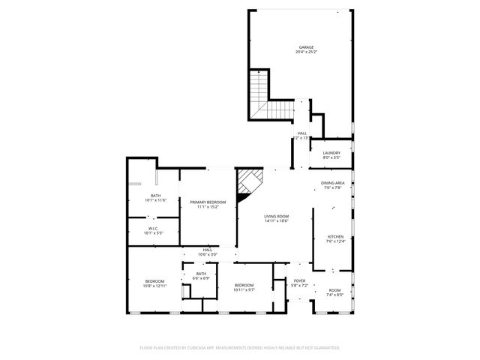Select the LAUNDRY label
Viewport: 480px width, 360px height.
[x=331, y=153]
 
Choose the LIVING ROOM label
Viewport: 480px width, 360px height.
[x=276, y=217]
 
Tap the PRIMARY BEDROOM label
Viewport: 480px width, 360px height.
[x=208, y=202]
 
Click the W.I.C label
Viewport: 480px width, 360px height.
[x=152, y=229]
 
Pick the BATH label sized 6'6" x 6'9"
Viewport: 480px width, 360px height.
[x=201, y=274]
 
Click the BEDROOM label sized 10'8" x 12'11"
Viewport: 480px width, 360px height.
[x=154, y=281]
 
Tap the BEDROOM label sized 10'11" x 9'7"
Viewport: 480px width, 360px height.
[x=244, y=285]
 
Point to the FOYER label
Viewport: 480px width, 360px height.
[x=300, y=280]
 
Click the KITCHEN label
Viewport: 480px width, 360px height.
[x=335, y=236]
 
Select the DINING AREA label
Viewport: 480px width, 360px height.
[x=333, y=183]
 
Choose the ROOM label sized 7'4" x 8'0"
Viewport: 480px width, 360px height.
[x=334, y=290]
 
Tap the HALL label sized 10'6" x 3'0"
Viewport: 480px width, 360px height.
[x=207, y=250]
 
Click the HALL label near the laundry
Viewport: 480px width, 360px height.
[x=301, y=133]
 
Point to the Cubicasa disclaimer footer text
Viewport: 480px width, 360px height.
[x=240, y=348]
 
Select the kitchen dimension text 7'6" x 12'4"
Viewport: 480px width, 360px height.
[x=335, y=241]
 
